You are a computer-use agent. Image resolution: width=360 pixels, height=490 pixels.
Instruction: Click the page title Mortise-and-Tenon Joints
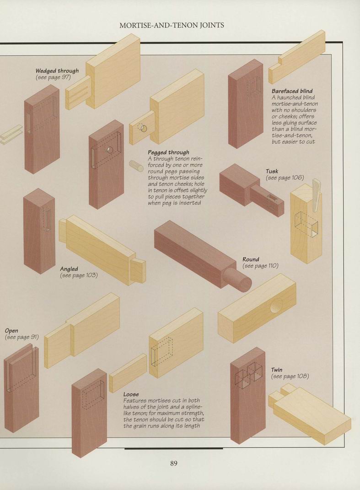pos(172,25)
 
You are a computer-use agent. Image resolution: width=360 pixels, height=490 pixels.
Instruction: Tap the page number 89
pos(174,463)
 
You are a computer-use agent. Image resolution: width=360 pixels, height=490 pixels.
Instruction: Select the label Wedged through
pos(57,71)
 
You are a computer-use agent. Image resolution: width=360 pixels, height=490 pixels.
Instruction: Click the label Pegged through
pos(168,152)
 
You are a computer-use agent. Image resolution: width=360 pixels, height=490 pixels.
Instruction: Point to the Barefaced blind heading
pos(292,91)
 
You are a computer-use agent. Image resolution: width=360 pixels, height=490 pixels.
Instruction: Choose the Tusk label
pos(272,171)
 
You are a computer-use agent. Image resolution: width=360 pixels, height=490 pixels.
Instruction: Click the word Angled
pos(69,269)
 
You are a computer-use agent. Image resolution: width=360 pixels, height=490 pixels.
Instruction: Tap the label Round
pos(251,259)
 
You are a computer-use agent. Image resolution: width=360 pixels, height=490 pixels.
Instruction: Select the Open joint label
pos(11,331)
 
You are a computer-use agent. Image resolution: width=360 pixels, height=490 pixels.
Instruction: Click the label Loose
pos(131,394)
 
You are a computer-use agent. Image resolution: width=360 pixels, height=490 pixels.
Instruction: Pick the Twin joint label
pos(277,370)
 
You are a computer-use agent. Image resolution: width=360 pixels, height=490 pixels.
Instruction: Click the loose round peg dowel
pos(136,166)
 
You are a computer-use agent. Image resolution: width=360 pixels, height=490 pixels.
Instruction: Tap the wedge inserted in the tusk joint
pos(316,195)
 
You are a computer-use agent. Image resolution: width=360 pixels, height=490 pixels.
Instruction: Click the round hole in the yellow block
pos(276,306)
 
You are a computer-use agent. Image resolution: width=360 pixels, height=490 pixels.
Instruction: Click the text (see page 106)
pos(285,178)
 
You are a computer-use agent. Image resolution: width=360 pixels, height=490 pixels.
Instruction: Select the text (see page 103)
pos(79,275)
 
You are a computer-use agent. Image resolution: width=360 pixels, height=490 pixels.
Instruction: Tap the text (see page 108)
pos(290,376)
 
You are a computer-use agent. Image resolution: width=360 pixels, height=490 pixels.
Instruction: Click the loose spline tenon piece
pos(128,373)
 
